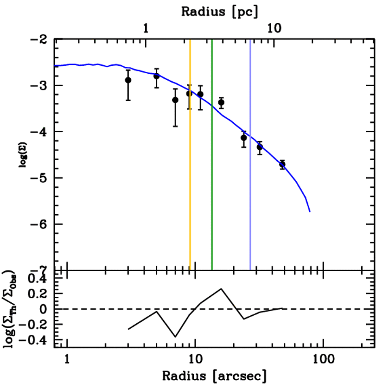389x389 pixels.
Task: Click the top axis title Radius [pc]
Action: point(219,11)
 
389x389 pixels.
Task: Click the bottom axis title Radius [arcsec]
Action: point(214,376)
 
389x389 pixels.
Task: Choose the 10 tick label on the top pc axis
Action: point(274,28)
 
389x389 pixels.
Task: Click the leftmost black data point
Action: point(128,80)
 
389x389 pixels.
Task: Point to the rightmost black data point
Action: point(282,164)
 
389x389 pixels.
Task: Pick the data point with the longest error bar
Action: point(175,100)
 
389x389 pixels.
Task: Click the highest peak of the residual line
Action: point(221,289)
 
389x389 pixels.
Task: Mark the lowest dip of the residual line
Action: point(175,337)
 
